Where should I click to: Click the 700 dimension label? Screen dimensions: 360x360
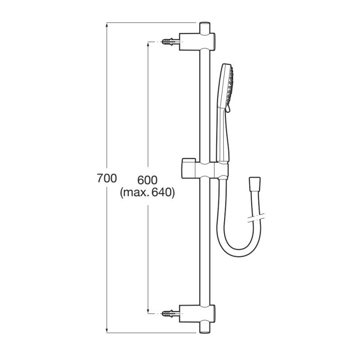tap(107, 178)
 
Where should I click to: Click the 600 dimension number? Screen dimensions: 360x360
tap(148, 180)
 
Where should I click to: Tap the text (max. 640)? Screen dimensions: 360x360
tap(148, 193)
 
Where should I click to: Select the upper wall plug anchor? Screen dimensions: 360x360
tap(171, 42)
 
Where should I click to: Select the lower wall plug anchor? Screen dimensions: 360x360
tap(171, 313)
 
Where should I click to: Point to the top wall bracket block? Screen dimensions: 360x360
tap(197, 41)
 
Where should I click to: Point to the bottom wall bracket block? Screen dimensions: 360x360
tap(197, 314)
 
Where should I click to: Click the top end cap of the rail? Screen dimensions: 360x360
tap(205, 28)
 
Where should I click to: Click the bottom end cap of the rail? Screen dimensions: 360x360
tap(205, 328)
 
